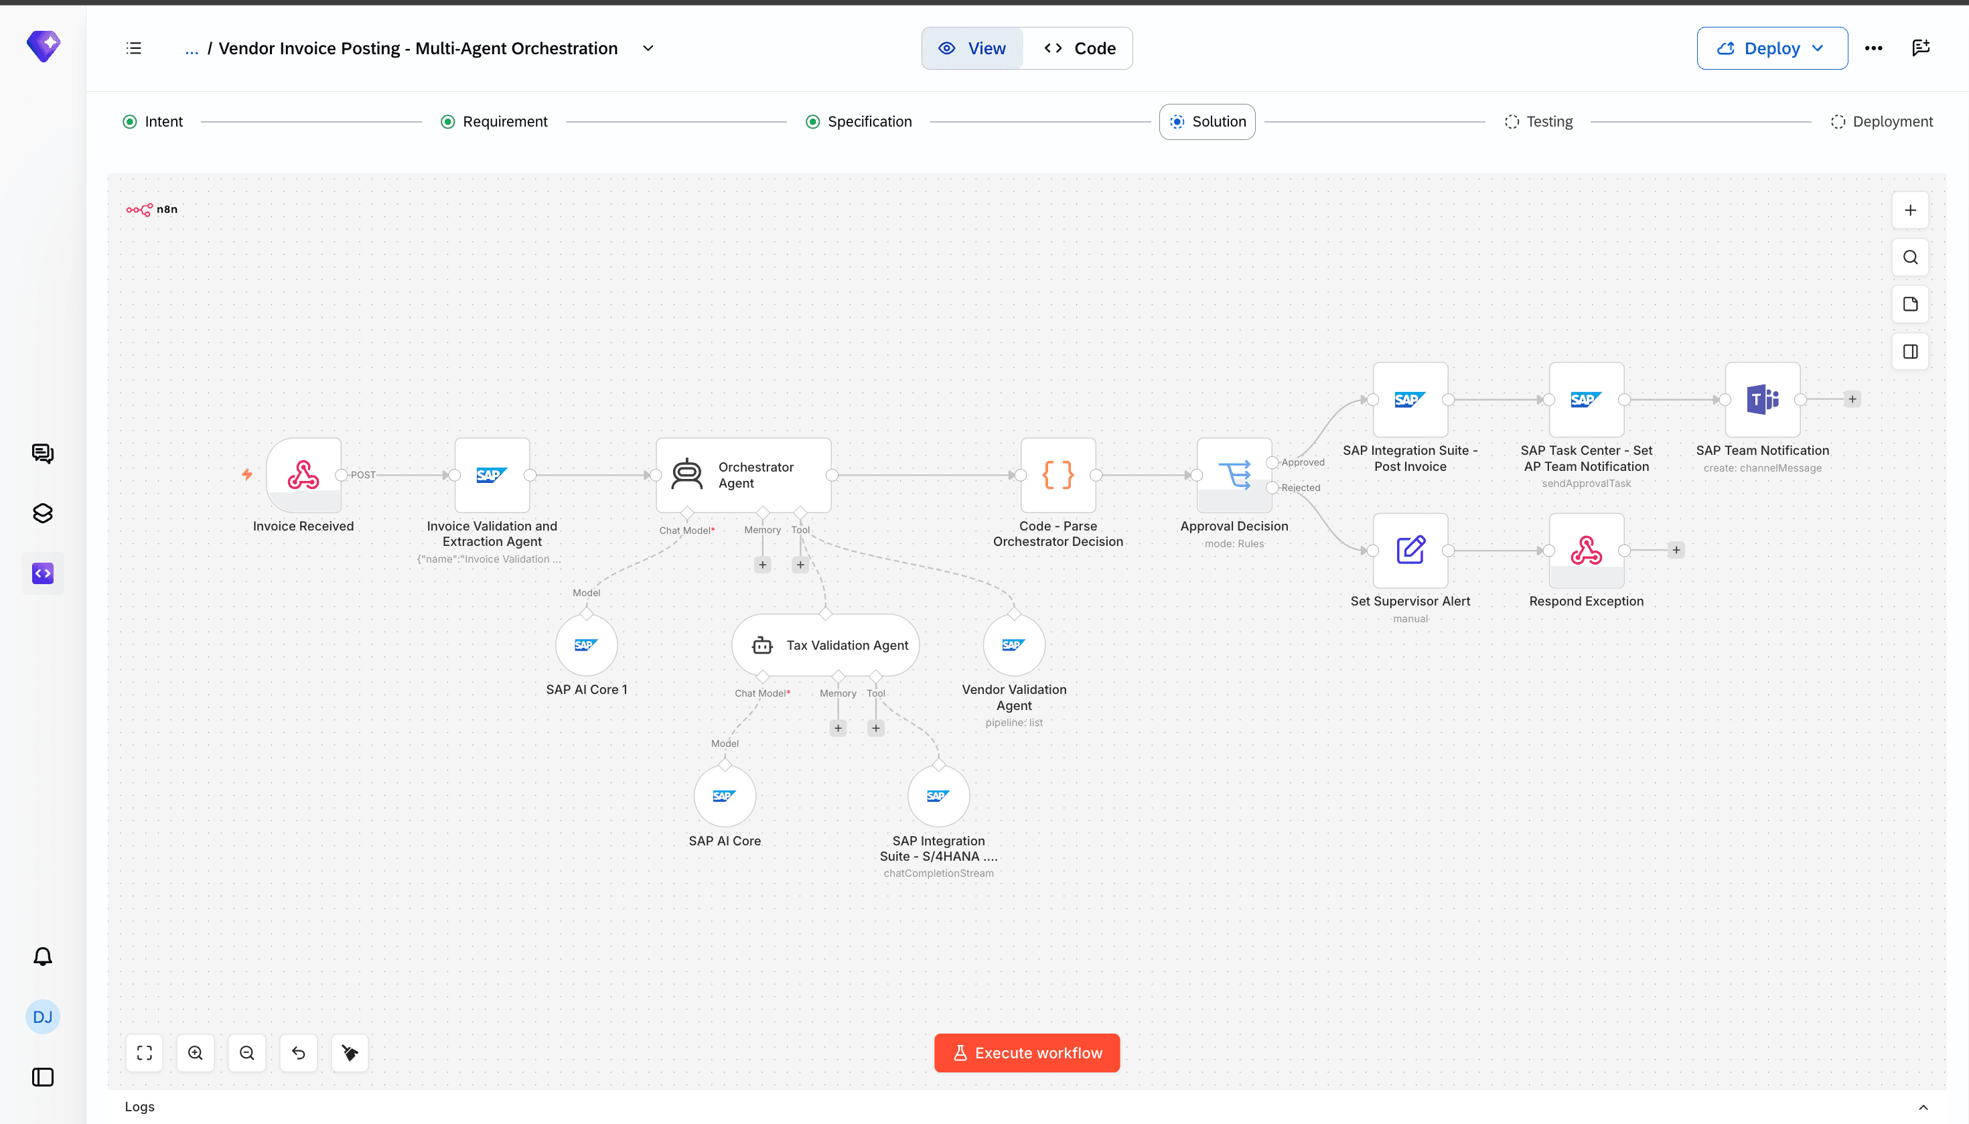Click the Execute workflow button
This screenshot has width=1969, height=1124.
coord(1027,1053)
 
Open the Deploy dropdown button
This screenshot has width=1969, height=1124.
coord(1771,48)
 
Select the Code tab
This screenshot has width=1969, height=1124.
coord(1079,48)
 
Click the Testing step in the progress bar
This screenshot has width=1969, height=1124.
coord(1538,121)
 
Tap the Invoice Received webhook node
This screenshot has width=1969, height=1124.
coord(303,475)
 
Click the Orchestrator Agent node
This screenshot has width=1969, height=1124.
coord(743,475)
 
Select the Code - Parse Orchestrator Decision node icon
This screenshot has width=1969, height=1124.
coord(1058,475)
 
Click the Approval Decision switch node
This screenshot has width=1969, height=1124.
coord(1234,475)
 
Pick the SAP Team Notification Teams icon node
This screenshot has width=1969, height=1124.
coord(1763,399)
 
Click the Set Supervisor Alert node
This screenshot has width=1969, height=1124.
coord(1410,551)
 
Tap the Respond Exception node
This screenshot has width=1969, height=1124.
coord(1586,551)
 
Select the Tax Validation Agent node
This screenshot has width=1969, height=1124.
coord(825,644)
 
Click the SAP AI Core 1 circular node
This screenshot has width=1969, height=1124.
coord(587,644)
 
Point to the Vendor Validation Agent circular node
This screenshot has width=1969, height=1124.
coord(1014,644)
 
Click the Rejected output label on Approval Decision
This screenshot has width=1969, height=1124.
coord(1301,487)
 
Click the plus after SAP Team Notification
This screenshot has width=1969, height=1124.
coord(1852,399)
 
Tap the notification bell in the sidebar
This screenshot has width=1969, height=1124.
coord(42,957)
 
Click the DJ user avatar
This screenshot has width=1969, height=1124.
coord(42,1017)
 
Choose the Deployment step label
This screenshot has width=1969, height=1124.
coord(1893,121)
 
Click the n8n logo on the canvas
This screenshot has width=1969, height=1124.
coord(152,209)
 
